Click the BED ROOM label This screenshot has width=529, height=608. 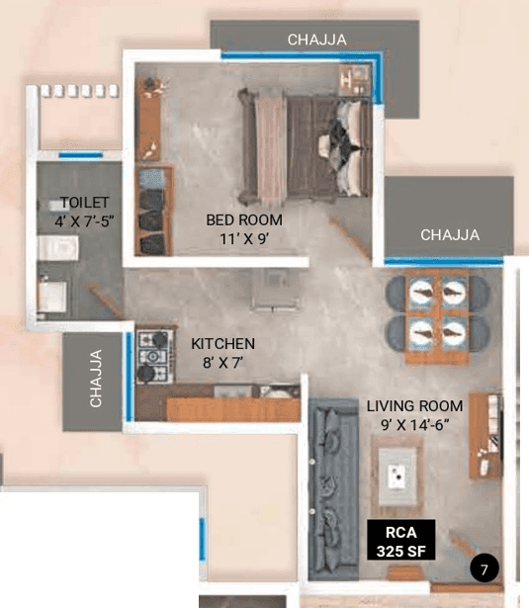[243, 219]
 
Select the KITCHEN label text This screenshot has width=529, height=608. [223, 344]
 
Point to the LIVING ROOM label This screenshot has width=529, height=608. [414, 405]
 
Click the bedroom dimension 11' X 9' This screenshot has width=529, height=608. [243, 238]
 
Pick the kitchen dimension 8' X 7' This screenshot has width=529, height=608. [223, 363]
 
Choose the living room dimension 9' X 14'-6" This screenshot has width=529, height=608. [414, 424]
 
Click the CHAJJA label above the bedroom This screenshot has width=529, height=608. [316, 40]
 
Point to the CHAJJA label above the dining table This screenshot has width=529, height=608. [450, 235]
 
